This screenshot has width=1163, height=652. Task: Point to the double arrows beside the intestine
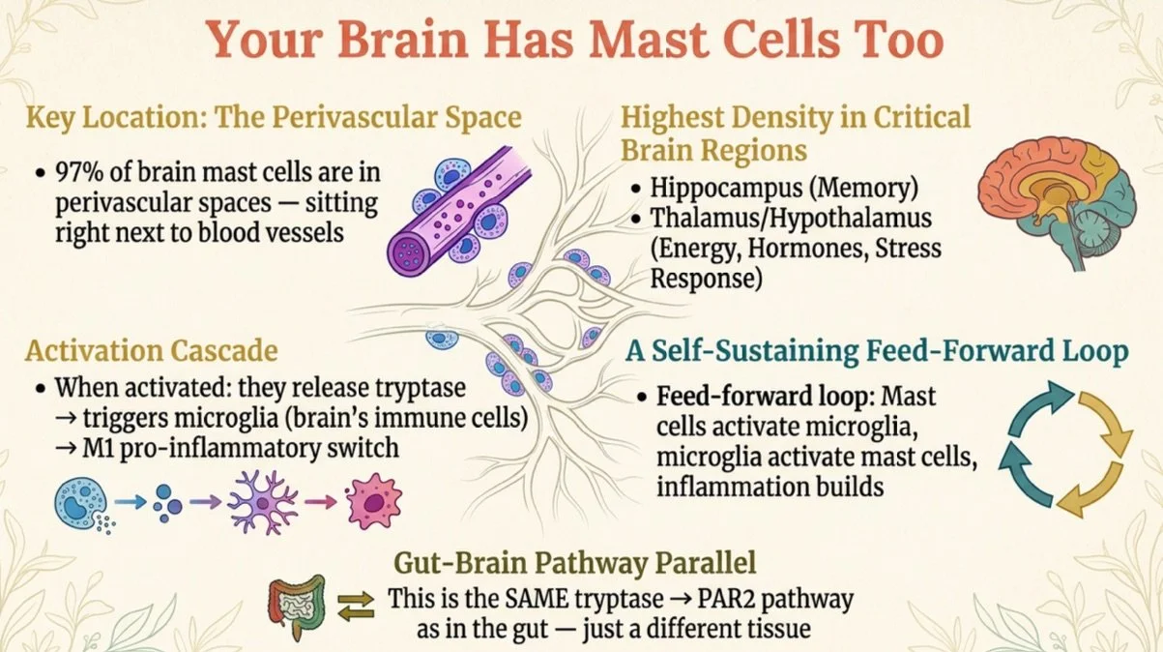tap(354, 608)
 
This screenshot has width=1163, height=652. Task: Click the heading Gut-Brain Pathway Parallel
tap(581, 563)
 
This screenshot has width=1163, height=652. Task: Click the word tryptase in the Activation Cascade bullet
tap(419, 389)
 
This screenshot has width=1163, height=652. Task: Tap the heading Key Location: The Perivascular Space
tap(274, 118)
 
